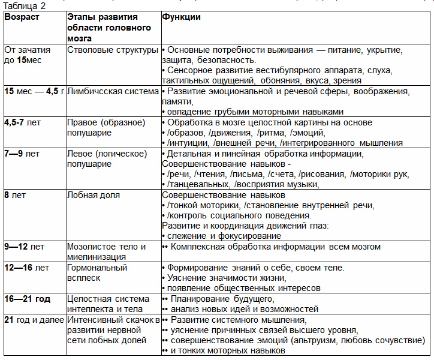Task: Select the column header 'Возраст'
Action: (22, 17)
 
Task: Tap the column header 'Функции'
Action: (181, 17)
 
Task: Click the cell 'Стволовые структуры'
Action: (113, 49)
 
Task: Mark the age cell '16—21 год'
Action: (28, 298)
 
